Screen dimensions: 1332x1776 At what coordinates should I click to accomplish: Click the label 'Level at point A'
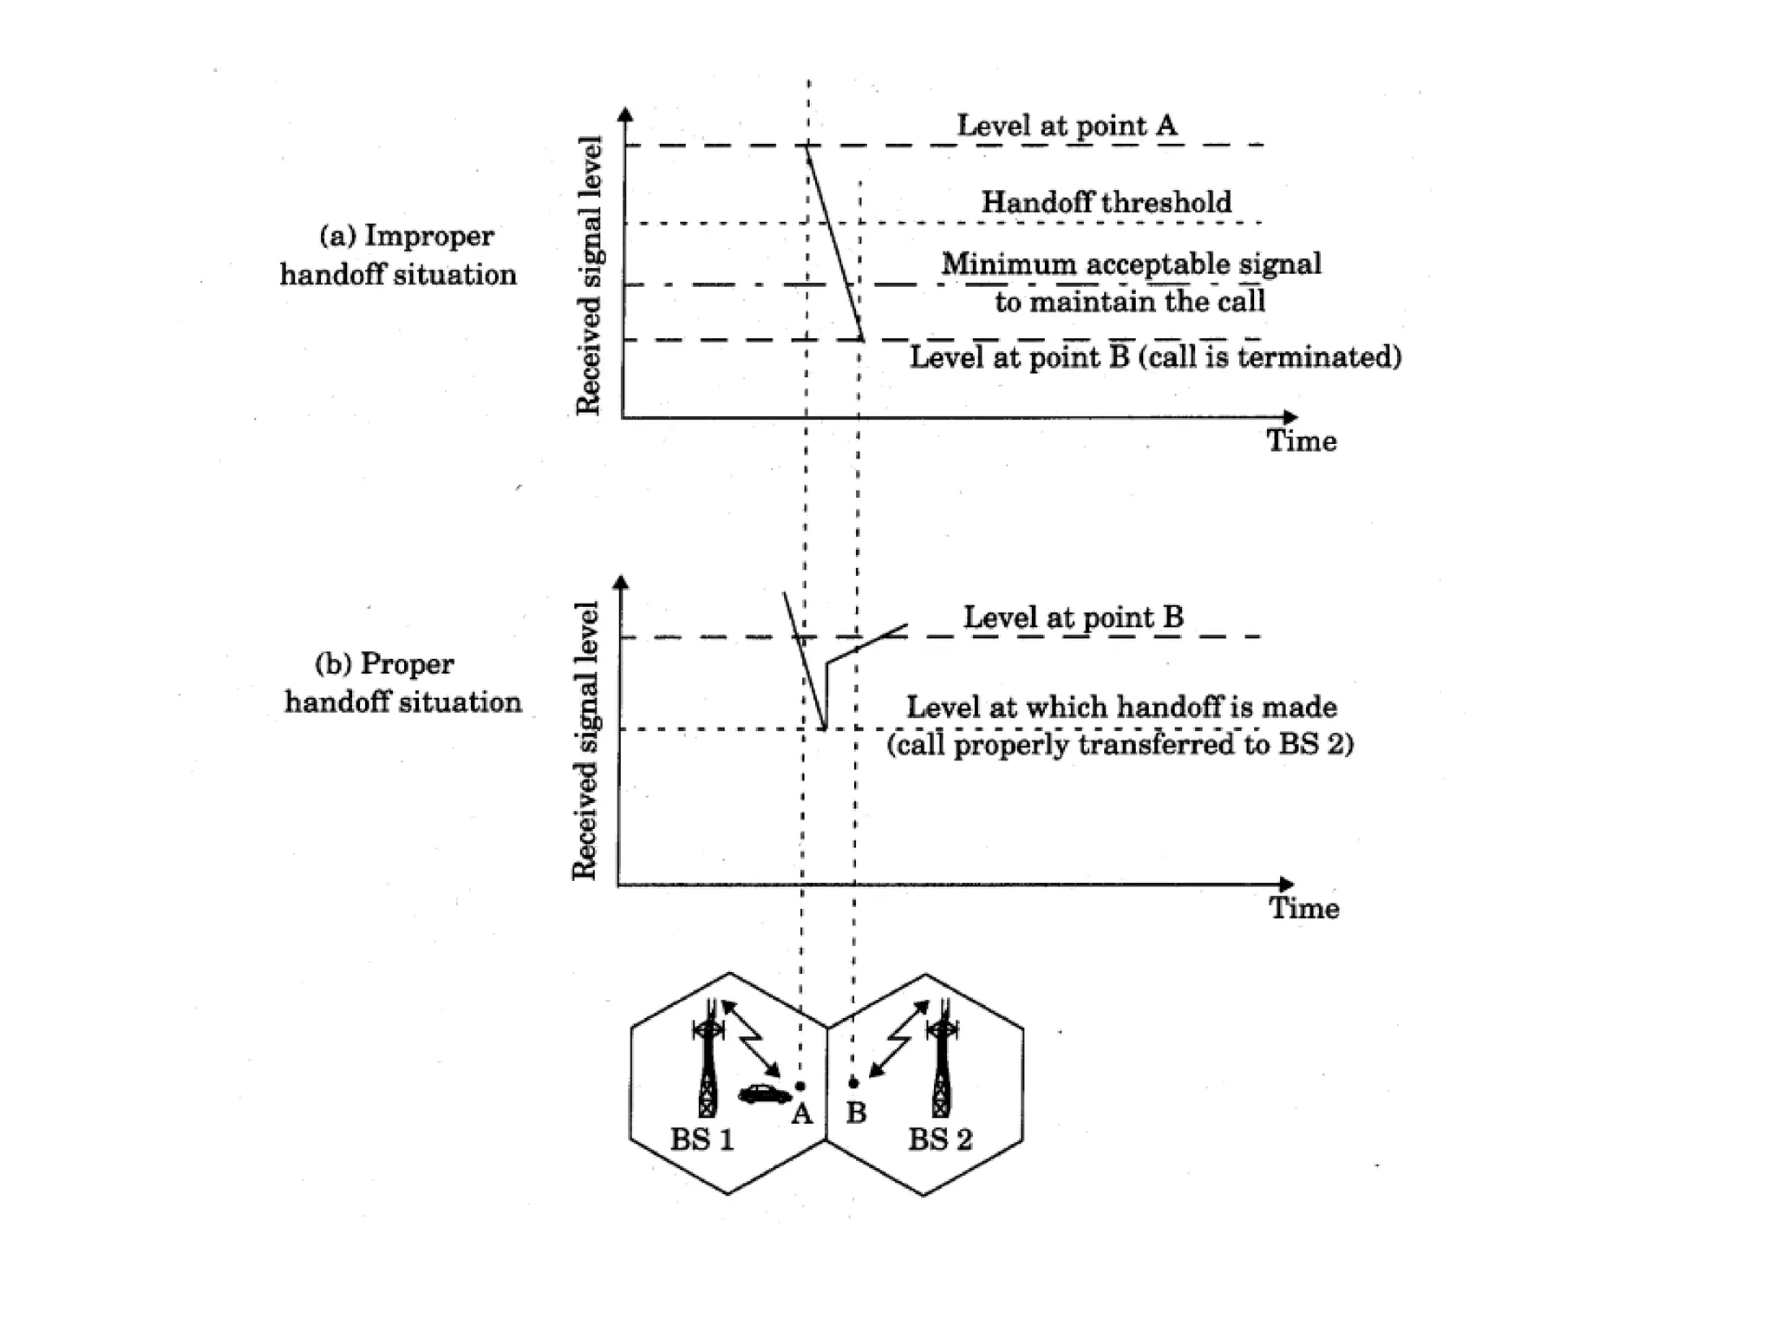[x=1067, y=126]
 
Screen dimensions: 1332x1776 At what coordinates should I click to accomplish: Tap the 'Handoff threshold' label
[x=1106, y=202]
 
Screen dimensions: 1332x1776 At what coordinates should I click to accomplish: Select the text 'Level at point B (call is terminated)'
[x=1155, y=357]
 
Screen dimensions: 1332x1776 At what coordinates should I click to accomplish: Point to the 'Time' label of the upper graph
[x=1301, y=441]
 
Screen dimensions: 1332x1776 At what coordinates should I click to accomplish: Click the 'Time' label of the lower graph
[x=1303, y=908]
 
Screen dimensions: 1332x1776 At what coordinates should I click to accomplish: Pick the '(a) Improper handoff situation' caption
[x=398, y=255]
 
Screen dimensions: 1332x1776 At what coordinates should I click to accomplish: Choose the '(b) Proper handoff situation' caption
[x=403, y=682]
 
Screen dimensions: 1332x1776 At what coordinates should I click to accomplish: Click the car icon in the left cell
[x=764, y=1094]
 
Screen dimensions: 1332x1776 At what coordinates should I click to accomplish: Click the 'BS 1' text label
[x=702, y=1139]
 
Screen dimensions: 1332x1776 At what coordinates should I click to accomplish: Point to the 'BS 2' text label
[x=940, y=1139]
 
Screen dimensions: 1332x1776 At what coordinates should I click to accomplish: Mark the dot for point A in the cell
[x=800, y=1086]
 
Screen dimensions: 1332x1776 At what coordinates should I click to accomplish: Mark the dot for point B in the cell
[x=853, y=1083]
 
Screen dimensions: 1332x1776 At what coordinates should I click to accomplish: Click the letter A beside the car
[x=802, y=1113]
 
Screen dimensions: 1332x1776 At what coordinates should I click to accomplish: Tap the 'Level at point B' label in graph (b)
[x=1073, y=617]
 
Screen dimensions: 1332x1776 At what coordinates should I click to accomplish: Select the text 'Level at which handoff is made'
[x=1121, y=708]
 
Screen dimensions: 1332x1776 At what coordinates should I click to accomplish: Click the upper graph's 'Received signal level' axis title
[x=589, y=276]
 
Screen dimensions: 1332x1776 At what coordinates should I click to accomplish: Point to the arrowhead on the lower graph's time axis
[x=1286, y=885]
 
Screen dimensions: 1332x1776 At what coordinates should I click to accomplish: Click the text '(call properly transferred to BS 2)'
[x=1120, y=745]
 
